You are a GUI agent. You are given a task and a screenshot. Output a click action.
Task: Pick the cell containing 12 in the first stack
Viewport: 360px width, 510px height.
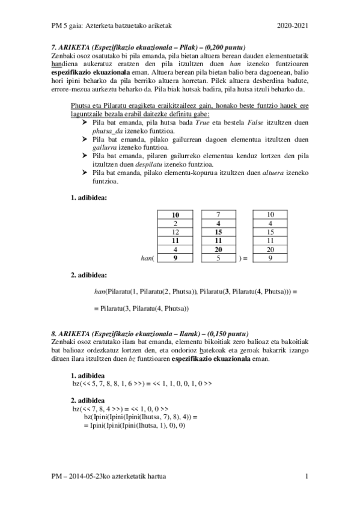[x=175, y=232]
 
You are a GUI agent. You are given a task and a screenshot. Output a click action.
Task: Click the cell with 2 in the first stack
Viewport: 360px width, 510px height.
[x=175, y=223]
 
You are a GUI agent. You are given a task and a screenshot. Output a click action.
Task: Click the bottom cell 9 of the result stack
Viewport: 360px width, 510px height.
[x=270, y=258]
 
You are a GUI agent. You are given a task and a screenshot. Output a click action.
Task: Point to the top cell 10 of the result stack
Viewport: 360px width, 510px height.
[x=270, y=215]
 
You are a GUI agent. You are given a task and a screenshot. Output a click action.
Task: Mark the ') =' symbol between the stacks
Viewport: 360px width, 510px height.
[x=244, y=258]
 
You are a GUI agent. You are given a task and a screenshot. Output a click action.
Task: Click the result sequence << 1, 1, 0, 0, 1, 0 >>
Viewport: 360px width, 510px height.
[x=182, y=383]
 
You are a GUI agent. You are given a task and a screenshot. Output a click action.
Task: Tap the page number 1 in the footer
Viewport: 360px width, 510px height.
[x=307, y=476]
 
